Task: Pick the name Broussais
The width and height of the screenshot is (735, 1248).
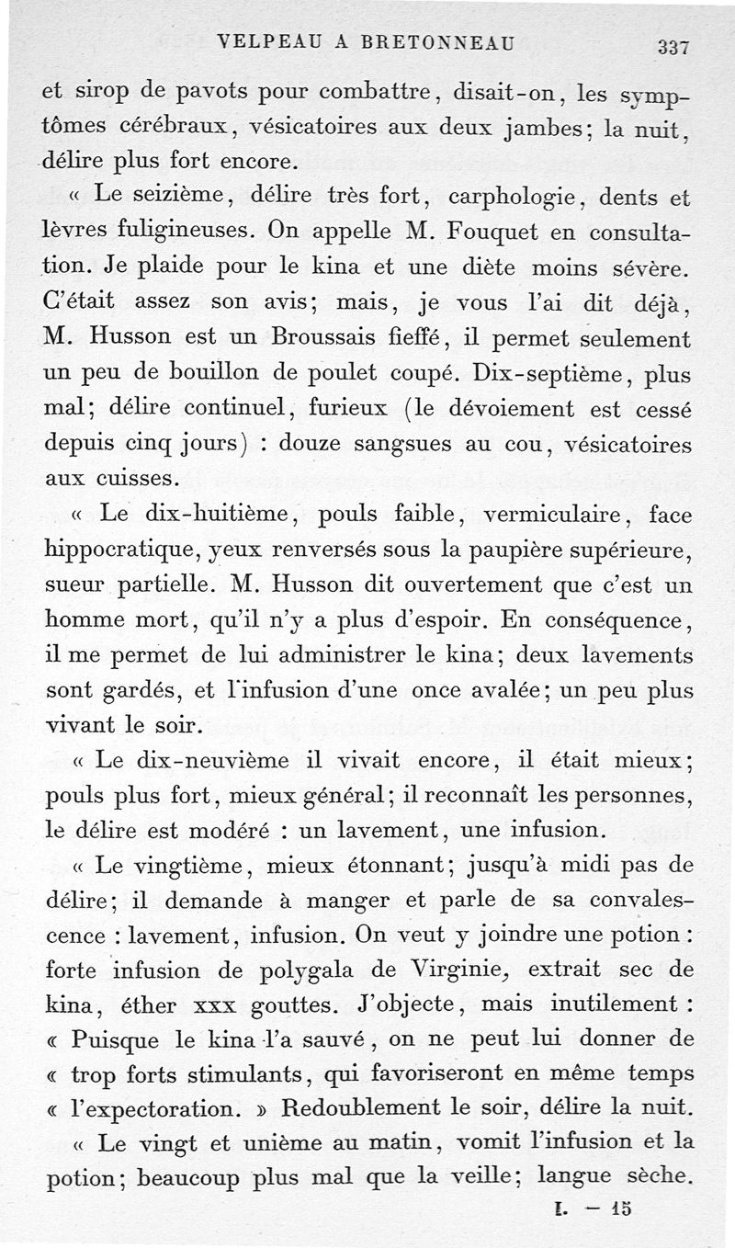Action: point(317,338)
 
